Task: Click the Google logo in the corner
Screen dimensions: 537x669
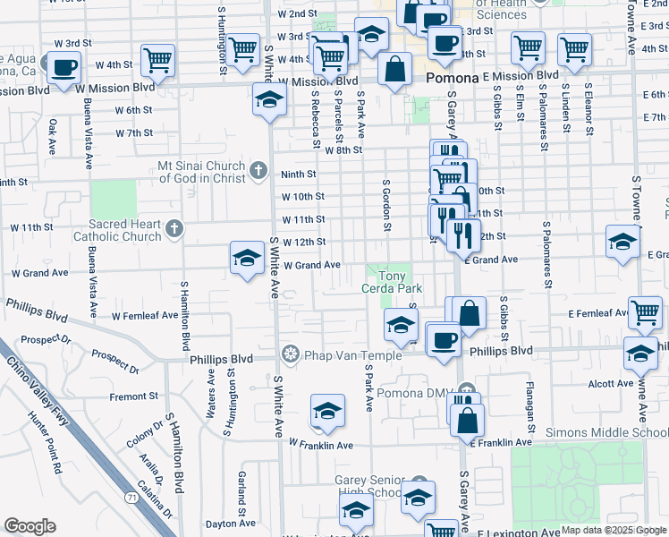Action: tap(30, 526)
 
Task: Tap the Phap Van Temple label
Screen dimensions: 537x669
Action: tap(344, 354)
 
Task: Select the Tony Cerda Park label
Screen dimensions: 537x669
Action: tap(391, 282)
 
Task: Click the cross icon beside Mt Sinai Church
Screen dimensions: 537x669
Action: tap(258, 170)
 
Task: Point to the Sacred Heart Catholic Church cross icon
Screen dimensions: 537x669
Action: tap(174, 229)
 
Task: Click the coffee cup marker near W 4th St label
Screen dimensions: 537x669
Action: tap(64, 69)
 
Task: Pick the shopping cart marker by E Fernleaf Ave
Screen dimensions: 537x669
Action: tap(645, 312)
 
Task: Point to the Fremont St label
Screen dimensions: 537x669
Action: tap(134, 396)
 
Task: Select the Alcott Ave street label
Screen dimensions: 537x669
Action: tap(611, 384)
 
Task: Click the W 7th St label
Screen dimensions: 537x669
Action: tap(134, 132)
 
